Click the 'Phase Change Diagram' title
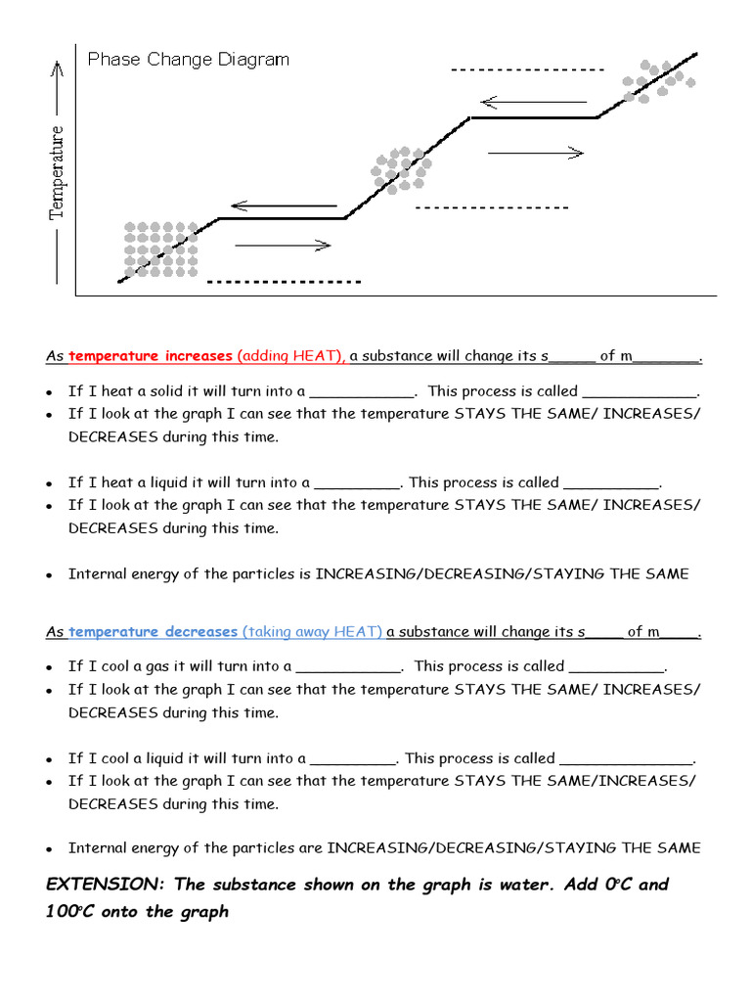188,60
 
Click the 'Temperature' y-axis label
57,172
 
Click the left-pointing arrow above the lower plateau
284,206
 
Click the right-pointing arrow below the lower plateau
284,245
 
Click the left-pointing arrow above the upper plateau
534,102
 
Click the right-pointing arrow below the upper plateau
535,152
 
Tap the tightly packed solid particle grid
160,250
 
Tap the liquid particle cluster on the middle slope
400,169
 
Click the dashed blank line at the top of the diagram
528,70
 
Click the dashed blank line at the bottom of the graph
284,282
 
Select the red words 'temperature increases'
151,356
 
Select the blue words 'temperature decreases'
153,632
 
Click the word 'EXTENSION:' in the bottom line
106,885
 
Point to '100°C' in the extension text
75,912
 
